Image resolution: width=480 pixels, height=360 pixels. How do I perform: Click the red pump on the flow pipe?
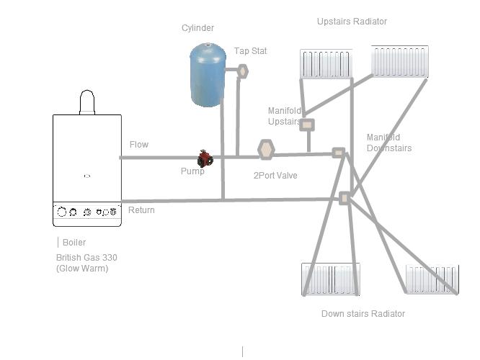[x=205, y=158]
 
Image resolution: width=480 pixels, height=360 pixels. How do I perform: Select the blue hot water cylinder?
[x=208, y=75]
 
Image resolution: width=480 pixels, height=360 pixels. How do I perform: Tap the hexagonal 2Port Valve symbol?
[x=266, y=150]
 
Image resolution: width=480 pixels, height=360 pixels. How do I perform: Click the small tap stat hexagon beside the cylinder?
[x=243, y=71]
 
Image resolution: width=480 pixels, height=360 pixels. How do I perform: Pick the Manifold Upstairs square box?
[x=307, y=125]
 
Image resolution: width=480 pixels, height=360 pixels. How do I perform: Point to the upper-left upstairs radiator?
[x=326, y=63]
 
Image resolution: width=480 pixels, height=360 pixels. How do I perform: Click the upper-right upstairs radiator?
[x=399, y=61]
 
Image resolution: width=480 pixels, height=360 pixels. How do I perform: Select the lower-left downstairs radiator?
[x=330, y=279]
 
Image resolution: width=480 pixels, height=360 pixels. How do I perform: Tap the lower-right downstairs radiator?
[x=431, y=279]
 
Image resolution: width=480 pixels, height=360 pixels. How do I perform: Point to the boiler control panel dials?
[x=87, y=212]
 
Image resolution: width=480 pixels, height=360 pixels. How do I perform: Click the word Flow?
[x=139, y=145]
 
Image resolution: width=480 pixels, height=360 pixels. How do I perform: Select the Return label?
[x=141, y=210]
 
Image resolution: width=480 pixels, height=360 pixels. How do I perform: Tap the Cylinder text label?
[x=197, y=28]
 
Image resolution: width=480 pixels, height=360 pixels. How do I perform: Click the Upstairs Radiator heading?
[x=352, y=22]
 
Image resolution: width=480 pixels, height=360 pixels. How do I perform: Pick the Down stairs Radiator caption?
[x=363, y=314]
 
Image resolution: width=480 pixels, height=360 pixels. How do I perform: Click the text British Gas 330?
[x=86, y=258]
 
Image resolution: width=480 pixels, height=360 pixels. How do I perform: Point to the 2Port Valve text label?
[x=275, y=176]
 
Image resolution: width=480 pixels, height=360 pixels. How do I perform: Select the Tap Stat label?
[x=250, y=51]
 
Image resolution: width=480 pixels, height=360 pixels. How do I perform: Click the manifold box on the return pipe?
[x=345, y=198]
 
